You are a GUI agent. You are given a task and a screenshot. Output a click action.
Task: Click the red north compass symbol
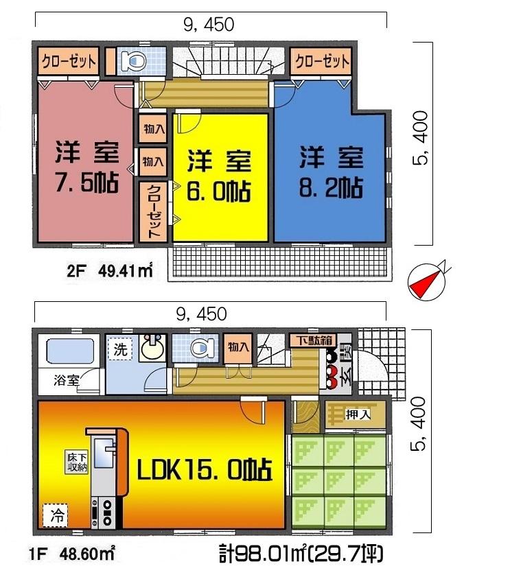427,280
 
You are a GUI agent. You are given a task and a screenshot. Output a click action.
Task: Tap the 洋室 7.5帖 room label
86,169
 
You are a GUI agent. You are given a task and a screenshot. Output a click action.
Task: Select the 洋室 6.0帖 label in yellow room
219,174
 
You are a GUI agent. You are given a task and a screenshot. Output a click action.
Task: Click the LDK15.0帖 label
205,471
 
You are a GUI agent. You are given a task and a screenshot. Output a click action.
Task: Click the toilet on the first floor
198,348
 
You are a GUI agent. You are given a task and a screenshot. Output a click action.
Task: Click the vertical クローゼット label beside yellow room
153,211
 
